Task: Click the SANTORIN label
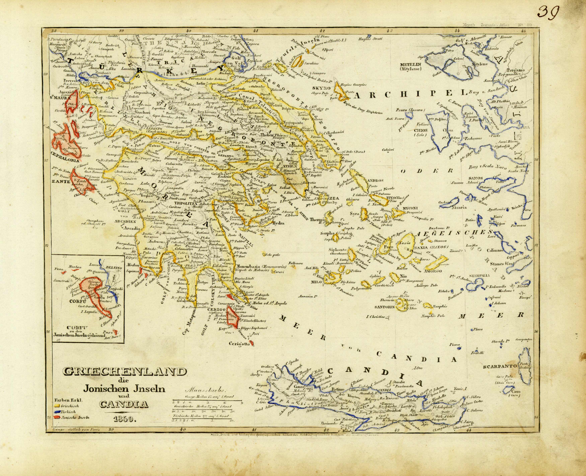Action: tap(384, 307)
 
